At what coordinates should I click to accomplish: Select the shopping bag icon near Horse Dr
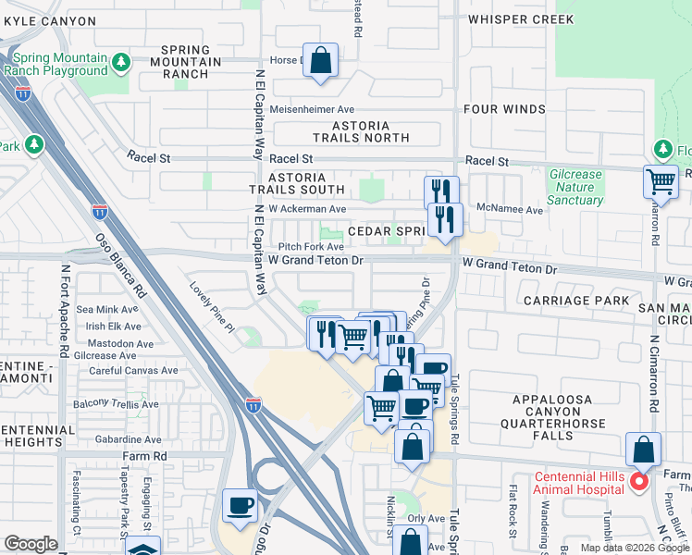[x=319, y=61]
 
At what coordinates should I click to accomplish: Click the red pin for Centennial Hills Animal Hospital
[x=637, y=482]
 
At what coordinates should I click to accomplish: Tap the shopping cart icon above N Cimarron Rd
[x=661, y=181]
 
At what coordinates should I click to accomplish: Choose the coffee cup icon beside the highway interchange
[x=240, y=505]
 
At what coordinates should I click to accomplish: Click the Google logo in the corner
[x=31, y=544]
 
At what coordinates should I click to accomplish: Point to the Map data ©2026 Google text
[x=634, y=548]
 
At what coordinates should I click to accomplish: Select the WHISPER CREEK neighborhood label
[x=521, y=19]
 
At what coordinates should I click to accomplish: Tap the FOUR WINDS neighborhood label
[x=504, y=109]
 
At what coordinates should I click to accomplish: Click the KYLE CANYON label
[x=48, y=20]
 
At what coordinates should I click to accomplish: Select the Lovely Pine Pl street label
[x=213, y=306]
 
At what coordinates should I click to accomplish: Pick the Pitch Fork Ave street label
[x=311, y=247]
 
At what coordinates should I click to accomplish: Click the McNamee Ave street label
[x=510, y=210]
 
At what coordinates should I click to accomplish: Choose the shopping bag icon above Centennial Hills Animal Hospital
[x=643, y=450]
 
